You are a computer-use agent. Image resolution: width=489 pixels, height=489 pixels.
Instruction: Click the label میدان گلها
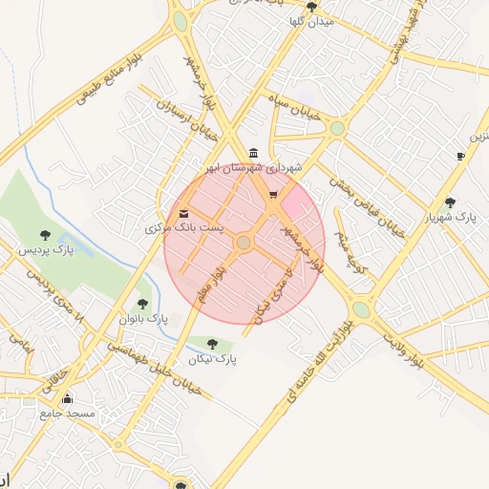pyautogui.click(x=311, y=21)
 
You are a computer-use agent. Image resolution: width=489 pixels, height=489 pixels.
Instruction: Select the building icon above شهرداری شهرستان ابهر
pyautogui.click(x=252, y=153)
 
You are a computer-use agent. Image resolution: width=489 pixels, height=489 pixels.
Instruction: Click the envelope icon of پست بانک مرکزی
pyautogui.click(x=183, y=213)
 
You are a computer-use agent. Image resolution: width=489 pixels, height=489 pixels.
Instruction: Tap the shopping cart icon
pyautogui.click(x=273, y=196)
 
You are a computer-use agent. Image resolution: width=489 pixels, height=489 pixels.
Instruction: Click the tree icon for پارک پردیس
pyautogui.click(x=45, y=235)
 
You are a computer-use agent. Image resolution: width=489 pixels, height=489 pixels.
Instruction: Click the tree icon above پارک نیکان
pyautogui.click(x=212, y=345)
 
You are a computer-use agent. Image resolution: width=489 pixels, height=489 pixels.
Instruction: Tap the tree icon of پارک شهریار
pyautogui.click(x=450, y=202)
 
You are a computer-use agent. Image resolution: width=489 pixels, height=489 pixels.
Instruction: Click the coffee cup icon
pyautogui.click(x=460, y=156)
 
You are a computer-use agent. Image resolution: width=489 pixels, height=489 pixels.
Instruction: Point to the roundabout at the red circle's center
pyautogui.click(x=244, y=244)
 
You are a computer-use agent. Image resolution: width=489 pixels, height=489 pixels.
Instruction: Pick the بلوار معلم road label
pyautogui.click(x=212, y=286)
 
